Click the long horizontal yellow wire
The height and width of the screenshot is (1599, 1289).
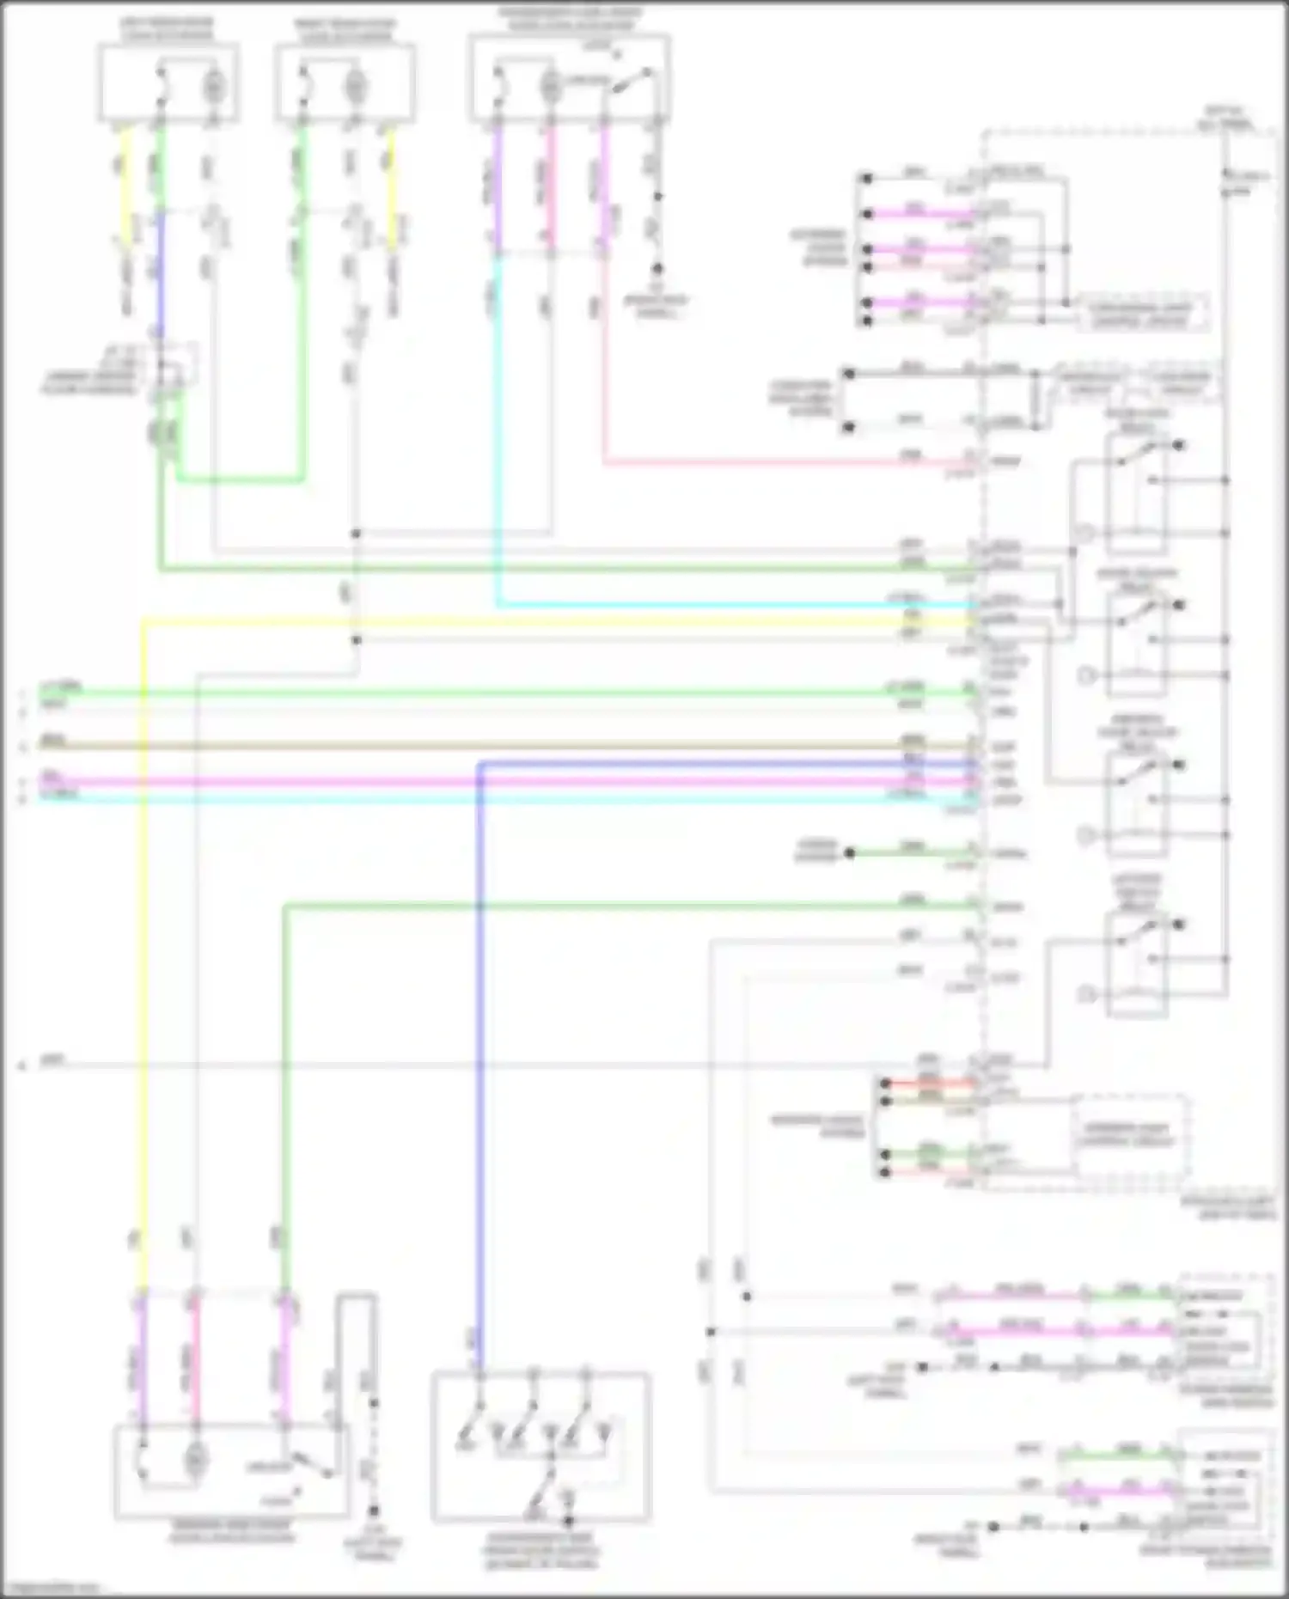[550, 621]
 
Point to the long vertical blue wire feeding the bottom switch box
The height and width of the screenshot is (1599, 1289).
[480, 1031]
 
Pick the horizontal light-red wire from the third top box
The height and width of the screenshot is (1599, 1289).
[773, 463]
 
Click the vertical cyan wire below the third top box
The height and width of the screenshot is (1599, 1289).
[497, 430]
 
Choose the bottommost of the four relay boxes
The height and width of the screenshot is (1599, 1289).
[1137, 962]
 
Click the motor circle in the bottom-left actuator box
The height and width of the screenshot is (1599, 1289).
[196, 1457]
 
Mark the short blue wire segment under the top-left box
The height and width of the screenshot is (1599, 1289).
[160, 271]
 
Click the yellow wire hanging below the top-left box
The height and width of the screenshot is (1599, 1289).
[127, 189]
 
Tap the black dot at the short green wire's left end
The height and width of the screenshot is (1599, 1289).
[849, 853]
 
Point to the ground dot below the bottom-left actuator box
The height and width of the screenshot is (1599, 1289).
[373, 1511]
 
